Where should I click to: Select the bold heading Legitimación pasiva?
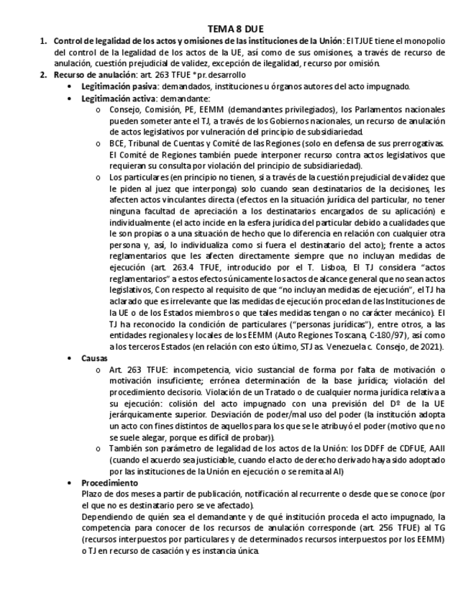116,86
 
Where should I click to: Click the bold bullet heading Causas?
94,358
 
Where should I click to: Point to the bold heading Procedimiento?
109,483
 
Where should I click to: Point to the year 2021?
431,347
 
